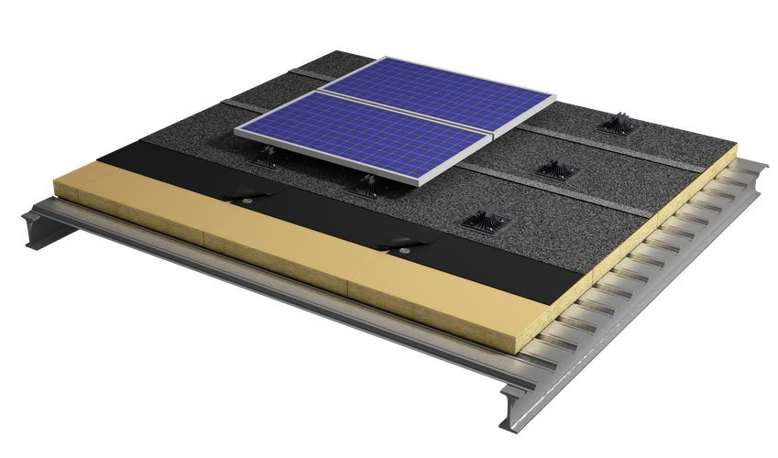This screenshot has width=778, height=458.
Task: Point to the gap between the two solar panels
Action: tap(403, 112)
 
